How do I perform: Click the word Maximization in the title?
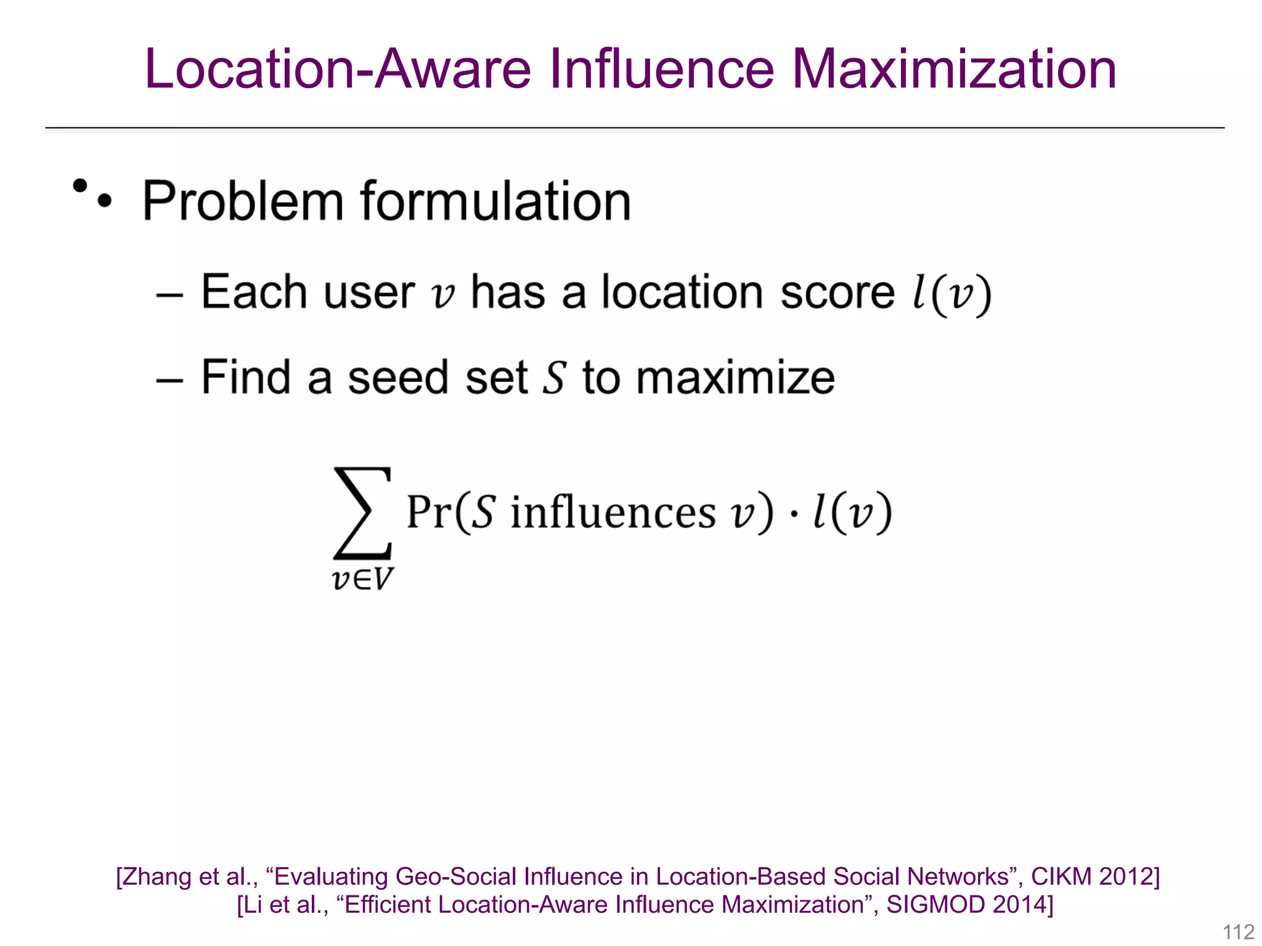click(x=953, y=69)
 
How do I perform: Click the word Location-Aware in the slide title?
click(x=338, y=69)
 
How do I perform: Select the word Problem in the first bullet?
click(x=243, y=201)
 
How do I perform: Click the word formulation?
click(x=495, y=201)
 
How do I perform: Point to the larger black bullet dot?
click(x=80, y=185)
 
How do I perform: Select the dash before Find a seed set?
click(x=169, y=379)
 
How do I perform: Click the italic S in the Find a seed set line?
click(x=554, y=378)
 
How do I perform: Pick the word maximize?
click(x=735, y=378)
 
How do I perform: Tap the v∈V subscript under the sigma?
click(x=362, y=579)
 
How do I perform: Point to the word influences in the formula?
click(x=613, y=512)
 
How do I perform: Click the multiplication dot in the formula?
click(x=794, y=514)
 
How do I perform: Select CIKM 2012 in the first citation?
click(x=1094, y=876)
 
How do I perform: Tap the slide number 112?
click(x=1238, y=932)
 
